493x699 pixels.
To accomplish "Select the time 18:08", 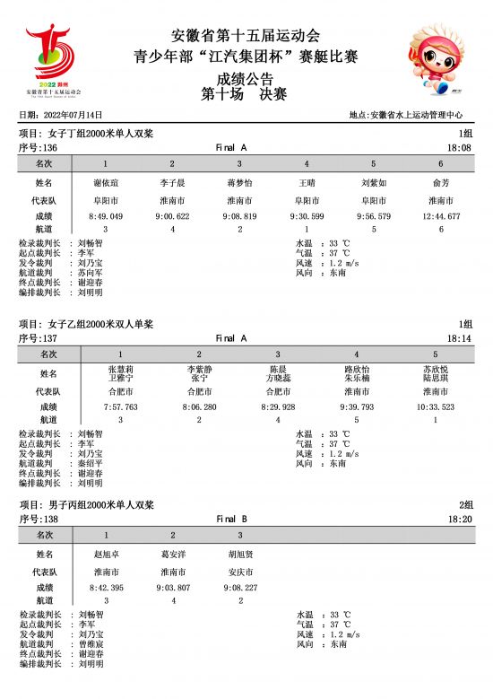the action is pyautogui.click(x=459, y=147).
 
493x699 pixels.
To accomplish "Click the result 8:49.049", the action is pyautogui.click(x=106, y=216).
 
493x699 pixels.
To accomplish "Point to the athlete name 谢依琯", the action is pyautogui.click(x=106, y=183).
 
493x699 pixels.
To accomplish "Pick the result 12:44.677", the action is pyautogui.click(x=440, y=216).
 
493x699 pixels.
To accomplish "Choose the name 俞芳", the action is pyautogui.click(x=440, y=183).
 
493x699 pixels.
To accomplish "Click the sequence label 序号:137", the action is pyautogui.click(x=39, y=338).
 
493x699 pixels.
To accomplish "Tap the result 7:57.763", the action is pyautogui.click(x=121, y=406).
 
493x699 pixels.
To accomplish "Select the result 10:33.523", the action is pyautogui.click(x=435, y=406).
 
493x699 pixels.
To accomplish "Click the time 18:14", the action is pyautogui.click(x=459, y=338).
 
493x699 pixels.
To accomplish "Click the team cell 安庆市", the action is pyautogui.click(x=239, y=572).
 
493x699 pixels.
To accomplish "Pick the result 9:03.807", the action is pyautogui.click(x=173, y=588).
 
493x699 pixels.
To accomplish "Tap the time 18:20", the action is pyautogui.click(x=459, y=519).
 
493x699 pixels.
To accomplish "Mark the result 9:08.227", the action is pyautogui.click(x=239, y=588).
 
